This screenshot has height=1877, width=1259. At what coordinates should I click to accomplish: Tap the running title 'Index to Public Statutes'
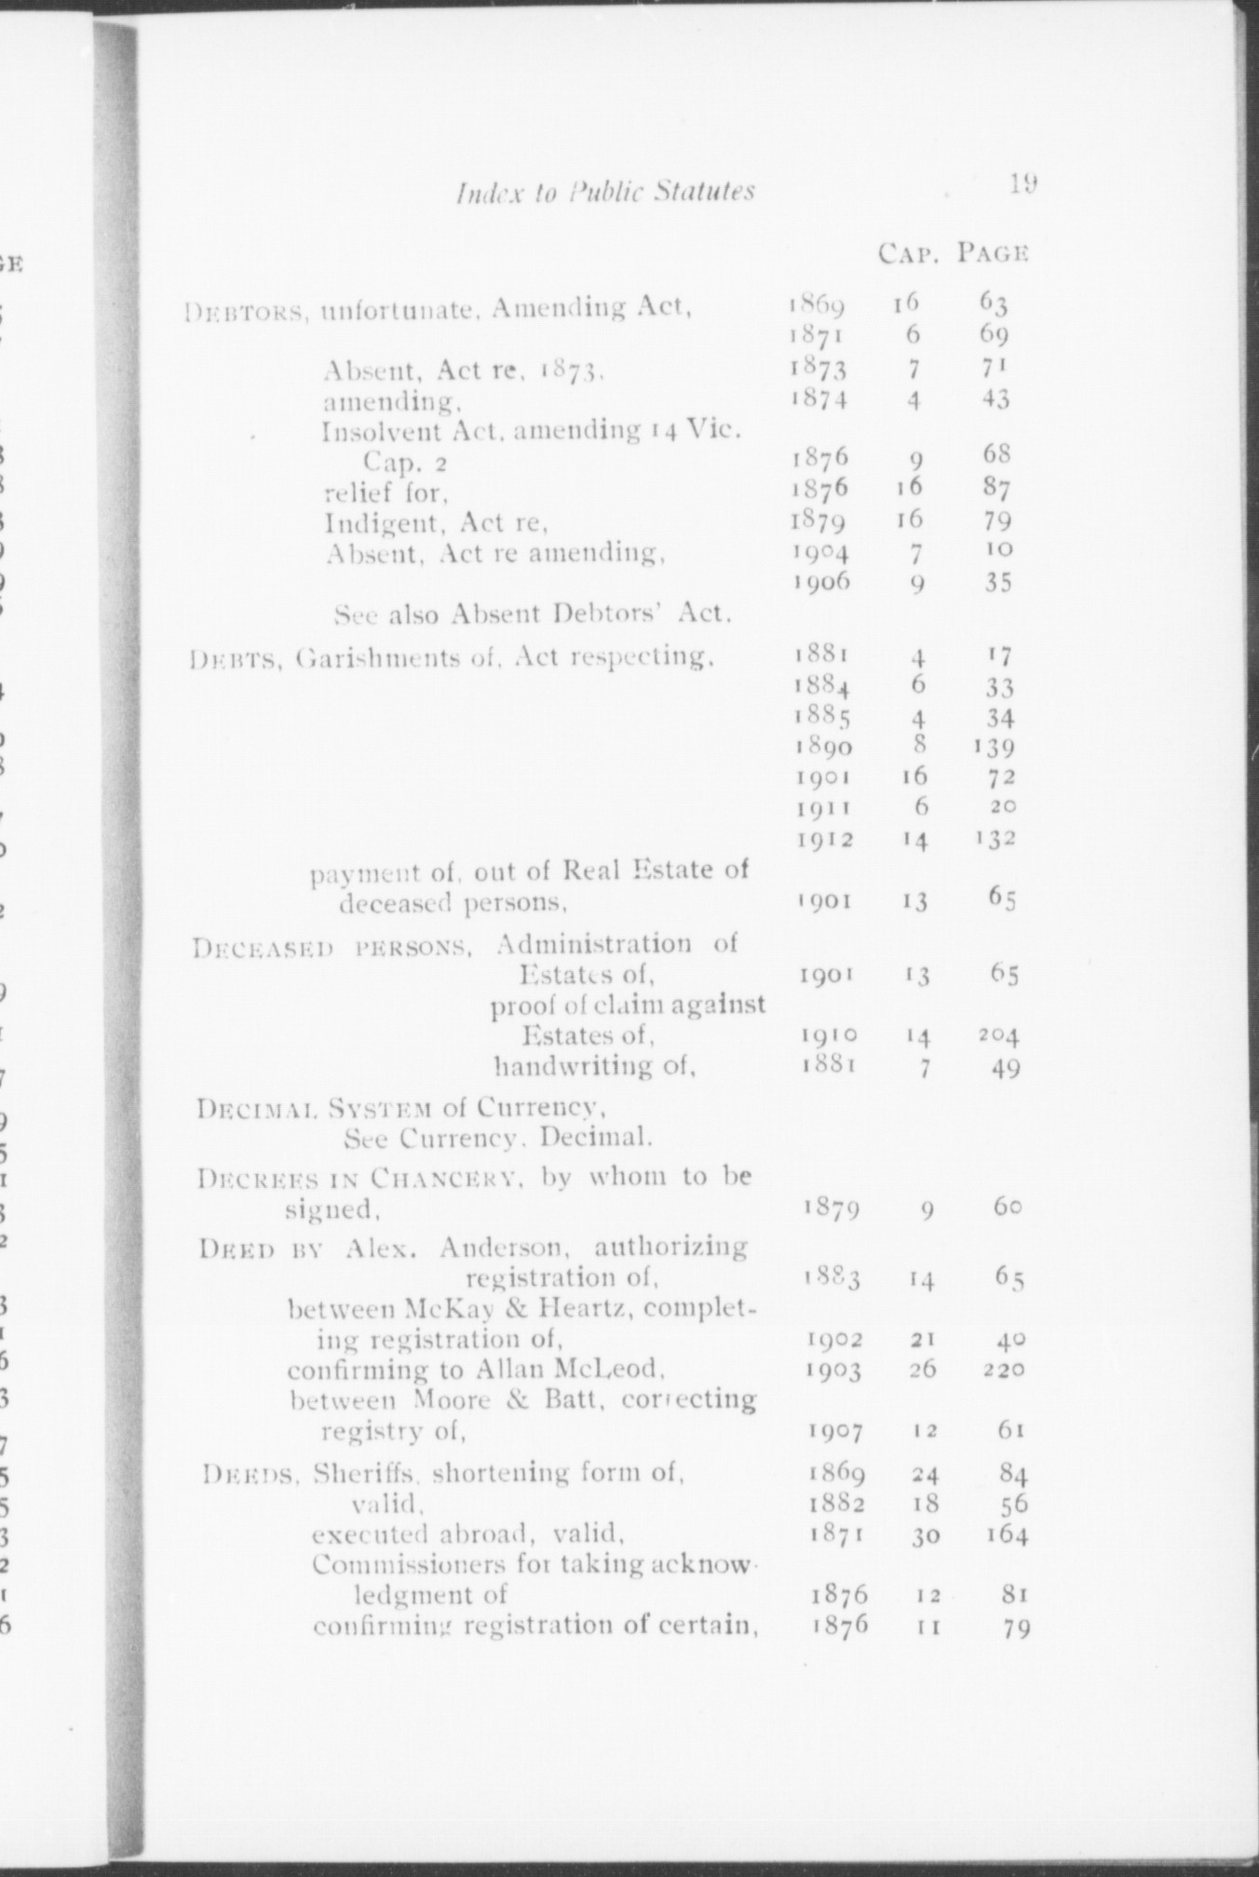(x=605, y=192)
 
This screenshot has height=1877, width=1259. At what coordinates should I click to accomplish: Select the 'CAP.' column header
(x=907, y=252)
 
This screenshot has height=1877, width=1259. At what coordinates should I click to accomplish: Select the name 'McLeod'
(x=616, y=1371)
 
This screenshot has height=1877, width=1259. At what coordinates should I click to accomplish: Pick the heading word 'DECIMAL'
(x=243, y=1110)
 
